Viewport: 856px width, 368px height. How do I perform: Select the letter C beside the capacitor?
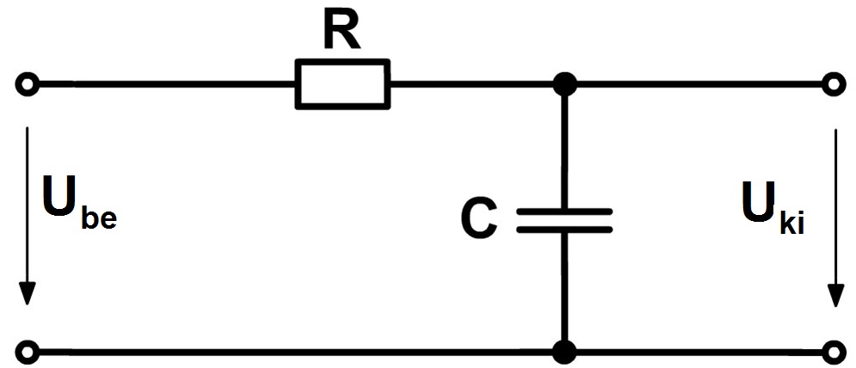click(479, 218)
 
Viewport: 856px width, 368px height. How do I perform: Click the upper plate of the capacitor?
click(564, 211)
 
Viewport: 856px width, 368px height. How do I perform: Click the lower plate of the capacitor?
click(564, 230)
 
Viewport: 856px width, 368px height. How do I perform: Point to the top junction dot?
click(564, 84)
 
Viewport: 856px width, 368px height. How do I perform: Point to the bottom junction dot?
click(564, 352)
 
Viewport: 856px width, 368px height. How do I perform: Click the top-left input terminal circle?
click(28, 84)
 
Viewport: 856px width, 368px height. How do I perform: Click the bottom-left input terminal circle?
click(28, 351)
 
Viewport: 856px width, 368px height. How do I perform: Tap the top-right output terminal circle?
click(834, 84)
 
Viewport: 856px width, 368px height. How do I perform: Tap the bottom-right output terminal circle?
click(834, 351)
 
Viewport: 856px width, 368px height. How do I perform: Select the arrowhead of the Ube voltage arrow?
click(28, 295)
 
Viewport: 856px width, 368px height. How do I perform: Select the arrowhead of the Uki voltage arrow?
click(834, 295)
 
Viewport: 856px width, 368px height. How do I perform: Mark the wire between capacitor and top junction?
click(564, 152)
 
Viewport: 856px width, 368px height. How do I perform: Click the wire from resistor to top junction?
click(471, 84)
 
